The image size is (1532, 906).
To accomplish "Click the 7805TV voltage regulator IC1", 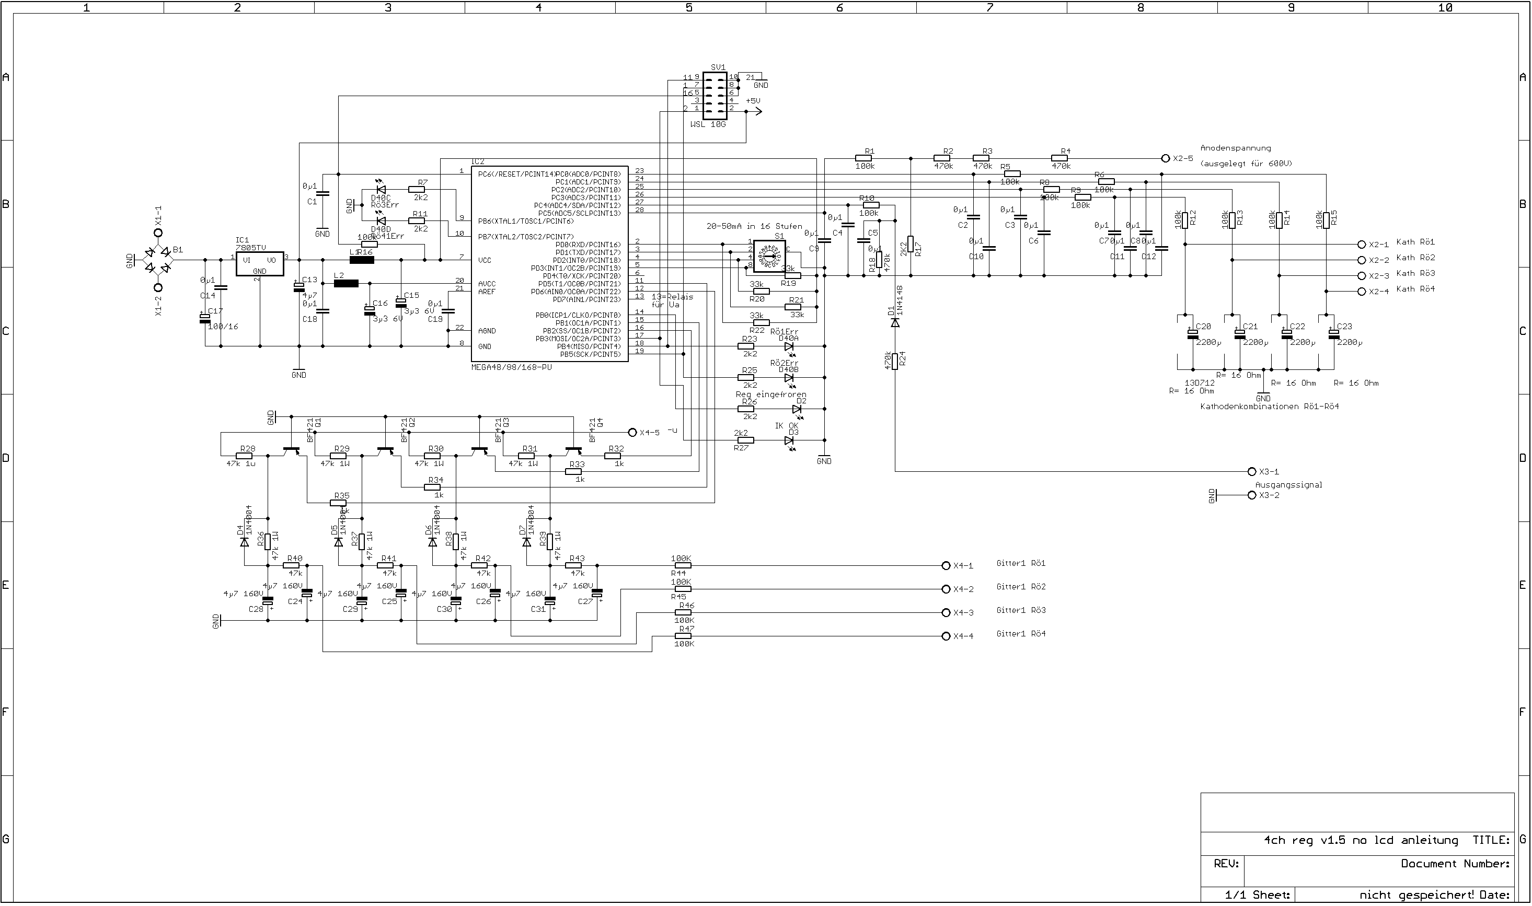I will click(x=259, y=265).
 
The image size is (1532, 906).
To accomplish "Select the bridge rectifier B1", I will click(x=157, y=260).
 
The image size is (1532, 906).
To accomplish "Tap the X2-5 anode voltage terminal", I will click(x=1165, y=158).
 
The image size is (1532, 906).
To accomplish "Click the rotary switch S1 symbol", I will click(x=768, y=256).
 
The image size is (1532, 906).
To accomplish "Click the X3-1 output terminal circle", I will click(x=1252, y=471).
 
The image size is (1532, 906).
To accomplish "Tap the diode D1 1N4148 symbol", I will click(x=895, y=322).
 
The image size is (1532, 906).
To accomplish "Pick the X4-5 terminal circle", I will click(x=632, y=432).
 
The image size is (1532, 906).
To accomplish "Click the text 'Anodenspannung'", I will click(x=1235, y=148).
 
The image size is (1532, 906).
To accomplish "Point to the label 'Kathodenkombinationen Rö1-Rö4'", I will click(x=1269, y=406).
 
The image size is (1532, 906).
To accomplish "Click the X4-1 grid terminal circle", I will click(x=946, y=565).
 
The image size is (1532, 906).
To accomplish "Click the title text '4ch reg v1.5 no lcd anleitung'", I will click(x=1361, y=840).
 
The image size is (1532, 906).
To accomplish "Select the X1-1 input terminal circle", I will click(x=158, y=233).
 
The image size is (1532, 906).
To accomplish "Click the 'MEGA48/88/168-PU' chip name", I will click(x=511, y=367).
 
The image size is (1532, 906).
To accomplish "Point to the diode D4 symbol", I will click(x=244, y=541).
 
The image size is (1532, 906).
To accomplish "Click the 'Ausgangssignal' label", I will click(x=1288, y=485).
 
